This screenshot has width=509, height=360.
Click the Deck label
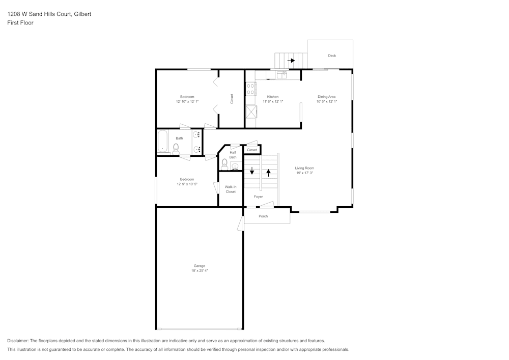[x=332, y=56]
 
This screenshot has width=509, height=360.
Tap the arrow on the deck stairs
[x=291, y=61]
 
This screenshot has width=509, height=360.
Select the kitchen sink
[x=281, y=75]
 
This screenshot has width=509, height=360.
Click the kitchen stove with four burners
[x=250, y=90]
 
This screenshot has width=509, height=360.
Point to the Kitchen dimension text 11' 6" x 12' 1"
[x=273, y=102]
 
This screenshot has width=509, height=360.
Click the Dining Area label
[x=326, y=97]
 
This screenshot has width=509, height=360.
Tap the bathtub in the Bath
[x=163, y=142]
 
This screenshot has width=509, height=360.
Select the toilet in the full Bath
[x=176, y=149]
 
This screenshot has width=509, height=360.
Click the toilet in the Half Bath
[x=224, y=164]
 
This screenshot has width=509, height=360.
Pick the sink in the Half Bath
[x=235, y=166]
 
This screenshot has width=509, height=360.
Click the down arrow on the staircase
[x=251, y=171]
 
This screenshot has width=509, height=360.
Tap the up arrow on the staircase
[x=268, y=172]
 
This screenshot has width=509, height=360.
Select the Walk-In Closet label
[x=231, y=189]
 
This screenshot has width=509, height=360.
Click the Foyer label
[x=259, y=197]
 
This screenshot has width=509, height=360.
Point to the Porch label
[x=263, y=216]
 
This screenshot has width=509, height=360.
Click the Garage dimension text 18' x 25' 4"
[x=200, y=271]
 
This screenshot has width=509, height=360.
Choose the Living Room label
[x=305, y=168]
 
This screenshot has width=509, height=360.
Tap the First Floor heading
[x=20, y=23]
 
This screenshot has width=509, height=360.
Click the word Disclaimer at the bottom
[x=18, y=341]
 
